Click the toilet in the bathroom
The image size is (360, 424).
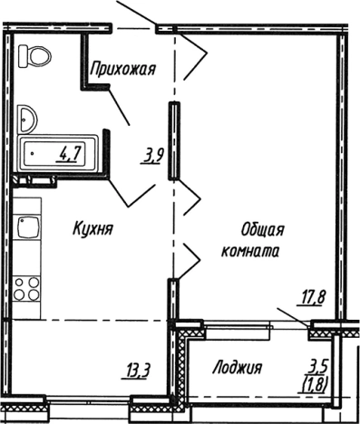pos(35,59)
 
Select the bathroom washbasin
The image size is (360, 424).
pos(27,117)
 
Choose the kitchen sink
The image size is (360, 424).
pos(28,227)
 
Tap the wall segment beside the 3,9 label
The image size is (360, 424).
pos(170,142)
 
